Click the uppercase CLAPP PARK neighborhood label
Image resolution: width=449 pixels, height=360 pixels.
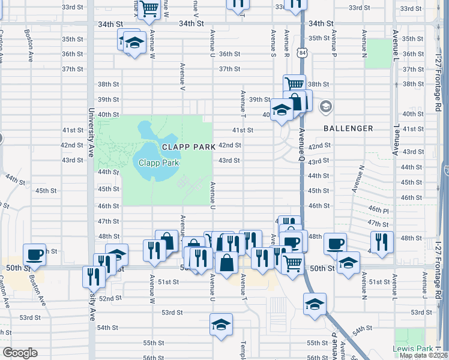187,147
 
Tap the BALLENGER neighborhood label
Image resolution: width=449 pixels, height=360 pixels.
348,128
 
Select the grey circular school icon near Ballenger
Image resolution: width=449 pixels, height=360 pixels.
326,107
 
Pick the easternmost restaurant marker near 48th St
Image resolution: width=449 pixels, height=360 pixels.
382,242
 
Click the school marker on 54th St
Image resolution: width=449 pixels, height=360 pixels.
221,325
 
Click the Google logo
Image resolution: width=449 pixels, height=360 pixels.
20,353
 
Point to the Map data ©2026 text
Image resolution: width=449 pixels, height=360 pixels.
423,355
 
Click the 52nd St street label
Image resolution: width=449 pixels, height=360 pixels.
110,298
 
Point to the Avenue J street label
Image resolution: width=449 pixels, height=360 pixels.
424,284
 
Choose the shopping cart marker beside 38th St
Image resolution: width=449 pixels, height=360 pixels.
294,85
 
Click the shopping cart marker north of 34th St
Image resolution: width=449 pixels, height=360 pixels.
149,7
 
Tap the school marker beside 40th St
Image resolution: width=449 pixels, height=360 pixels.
281,109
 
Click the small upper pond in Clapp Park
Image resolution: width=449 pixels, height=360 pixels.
145,128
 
